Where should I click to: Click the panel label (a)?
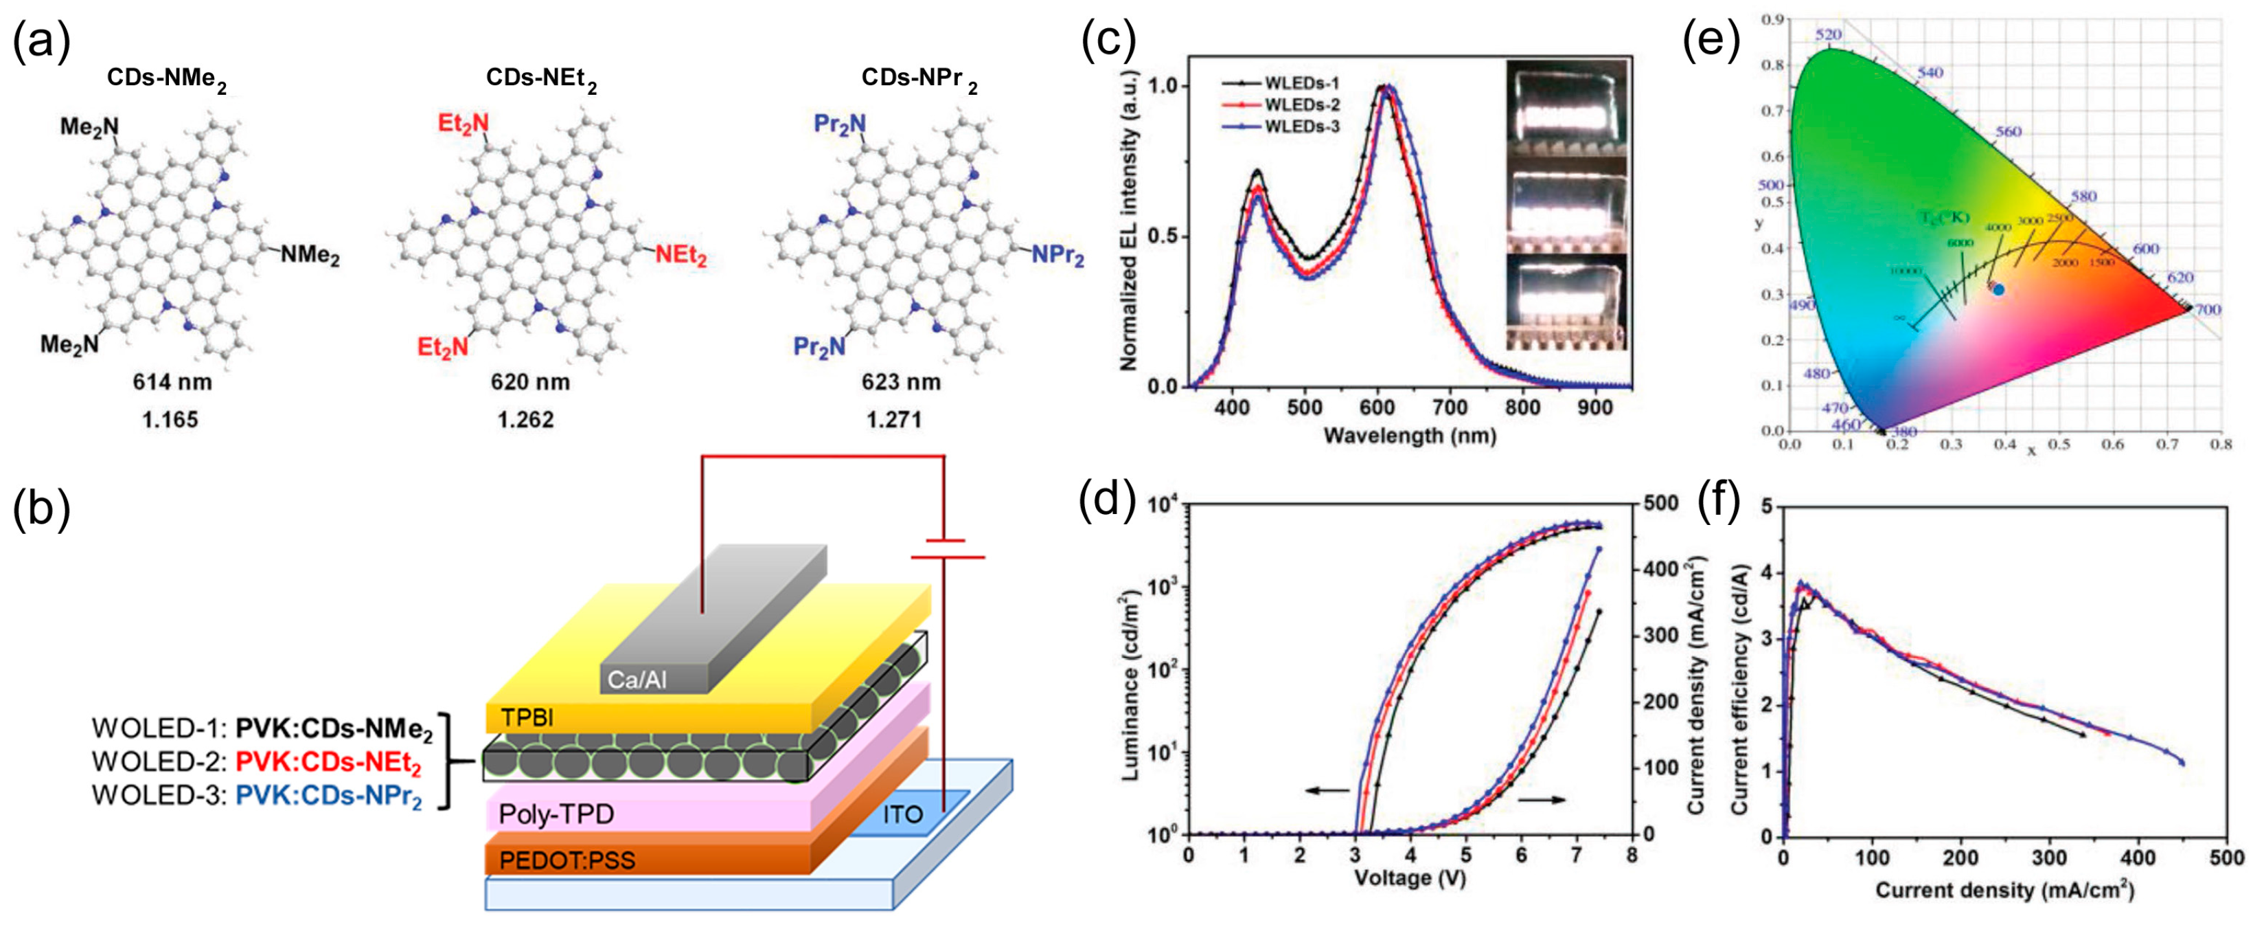click(41, 42)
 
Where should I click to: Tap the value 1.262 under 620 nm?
click(525, 421)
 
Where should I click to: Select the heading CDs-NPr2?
click(918, 79)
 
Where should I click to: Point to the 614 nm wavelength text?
click(172, 381)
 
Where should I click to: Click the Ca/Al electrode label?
click(637, 680)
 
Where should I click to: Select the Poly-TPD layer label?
click(556, 814)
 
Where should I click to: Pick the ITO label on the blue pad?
click(902, 814)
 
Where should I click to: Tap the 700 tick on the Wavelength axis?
click(1450, 408)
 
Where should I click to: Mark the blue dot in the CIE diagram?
click(1998, 289)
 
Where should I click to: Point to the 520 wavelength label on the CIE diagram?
click(1828, 34)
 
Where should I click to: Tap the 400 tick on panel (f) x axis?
click(2138, 858)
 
